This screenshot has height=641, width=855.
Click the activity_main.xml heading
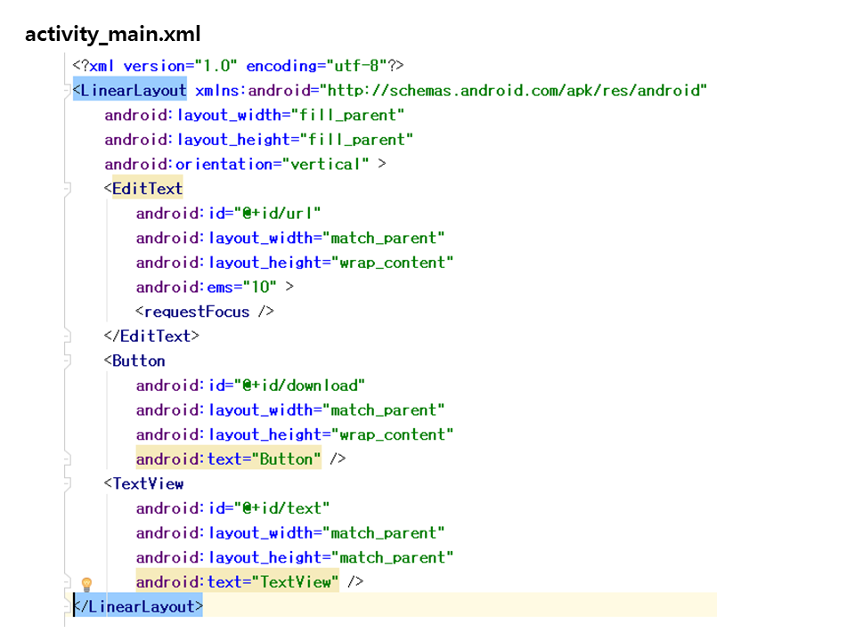[113, 34]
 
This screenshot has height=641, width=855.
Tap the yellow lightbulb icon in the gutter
[86, 584]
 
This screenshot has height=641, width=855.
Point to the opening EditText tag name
[147, 189]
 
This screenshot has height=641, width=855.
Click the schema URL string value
[513, 90]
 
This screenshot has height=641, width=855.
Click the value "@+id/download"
[299, 385]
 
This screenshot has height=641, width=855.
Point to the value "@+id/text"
[282, 508]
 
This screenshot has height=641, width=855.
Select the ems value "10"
[260, 287]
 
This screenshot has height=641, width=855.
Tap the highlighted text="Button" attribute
[229, 459]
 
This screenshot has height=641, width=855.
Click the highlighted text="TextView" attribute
[237, 581]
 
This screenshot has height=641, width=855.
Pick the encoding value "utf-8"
[356, 65]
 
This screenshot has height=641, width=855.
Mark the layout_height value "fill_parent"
[356, 140]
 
